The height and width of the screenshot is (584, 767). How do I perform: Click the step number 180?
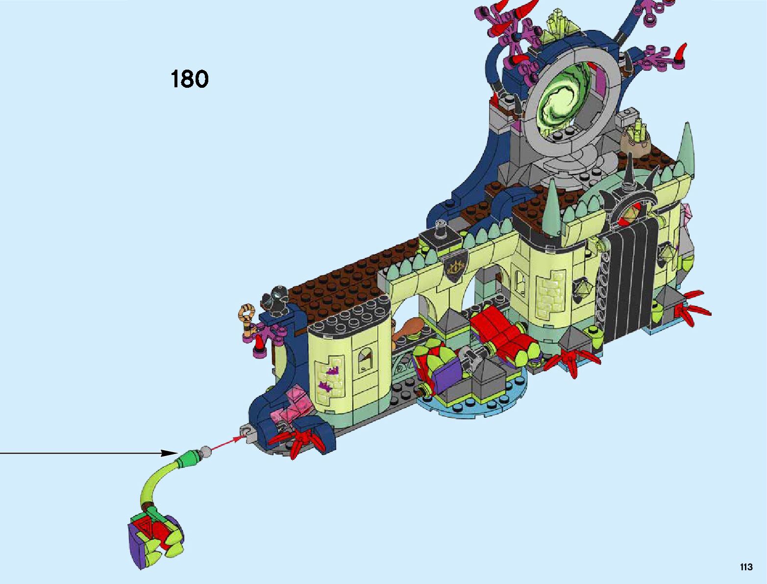pos(190,79)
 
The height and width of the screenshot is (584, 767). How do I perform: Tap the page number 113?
pos(746,567)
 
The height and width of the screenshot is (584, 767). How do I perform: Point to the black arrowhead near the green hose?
pos(170,453)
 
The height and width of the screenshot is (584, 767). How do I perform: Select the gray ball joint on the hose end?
pos(207,449)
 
